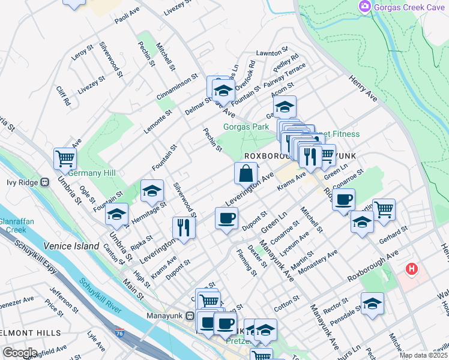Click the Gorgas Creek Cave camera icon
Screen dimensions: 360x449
[x=364, y=7]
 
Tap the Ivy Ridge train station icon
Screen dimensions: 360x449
[x=45, y=182]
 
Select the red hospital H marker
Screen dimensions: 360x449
[x=411, y=268]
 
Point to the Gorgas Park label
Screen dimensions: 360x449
[x=246, y=127]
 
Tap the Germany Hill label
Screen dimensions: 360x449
[x=92, y=173]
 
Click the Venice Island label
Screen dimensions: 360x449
[x=71, y=246]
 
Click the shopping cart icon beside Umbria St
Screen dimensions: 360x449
[x=65, y=159]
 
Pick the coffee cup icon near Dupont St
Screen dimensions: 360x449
[x=226, y=218]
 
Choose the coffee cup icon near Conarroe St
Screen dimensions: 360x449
[x=343, y=199]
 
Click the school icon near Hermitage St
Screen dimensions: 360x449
[x=152, y=191]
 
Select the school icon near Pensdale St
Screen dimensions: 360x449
[x=372, y=303]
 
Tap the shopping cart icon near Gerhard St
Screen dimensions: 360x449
[x=384, y=209]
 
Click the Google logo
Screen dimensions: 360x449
[x=20, y=352]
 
